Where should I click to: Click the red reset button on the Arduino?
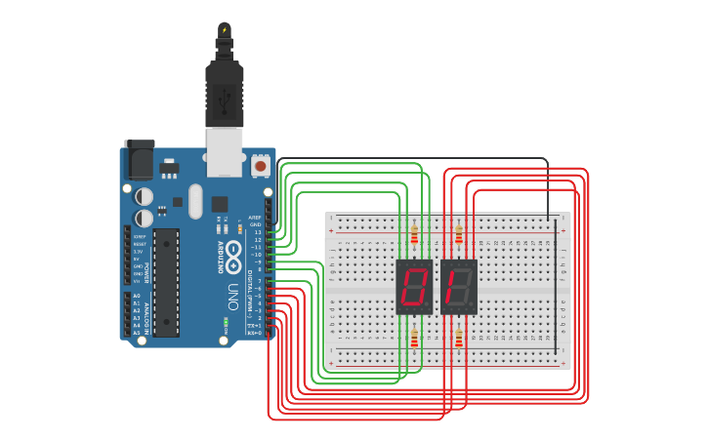pyautogui.click(x=260, y=167)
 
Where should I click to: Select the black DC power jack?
pyautogui.click(x=138, y=158)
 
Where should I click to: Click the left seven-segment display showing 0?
pyautogui.click(x=414, y=286)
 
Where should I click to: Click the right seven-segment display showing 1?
pyautogui.click(x=458, y=286)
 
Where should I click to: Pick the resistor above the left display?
pyautogui.click(x=414, y=234)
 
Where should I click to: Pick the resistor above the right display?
pyautogui.click(x=459, y=234)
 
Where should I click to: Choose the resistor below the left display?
pyautogui.click(x=414, y=338)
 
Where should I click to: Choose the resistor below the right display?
pyautogui.click(x=459, y=338)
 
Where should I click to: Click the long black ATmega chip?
pyautogui.click(x=166, y=282)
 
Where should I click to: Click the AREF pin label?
pyautogui.click(x=254, y=218)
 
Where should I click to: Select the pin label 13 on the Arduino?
pyautogui.click(x=257, y=232)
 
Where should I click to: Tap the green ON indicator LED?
pyautogui.click(x=226, y=321)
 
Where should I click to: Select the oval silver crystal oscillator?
pyautogui.click(x=195, y=202)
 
